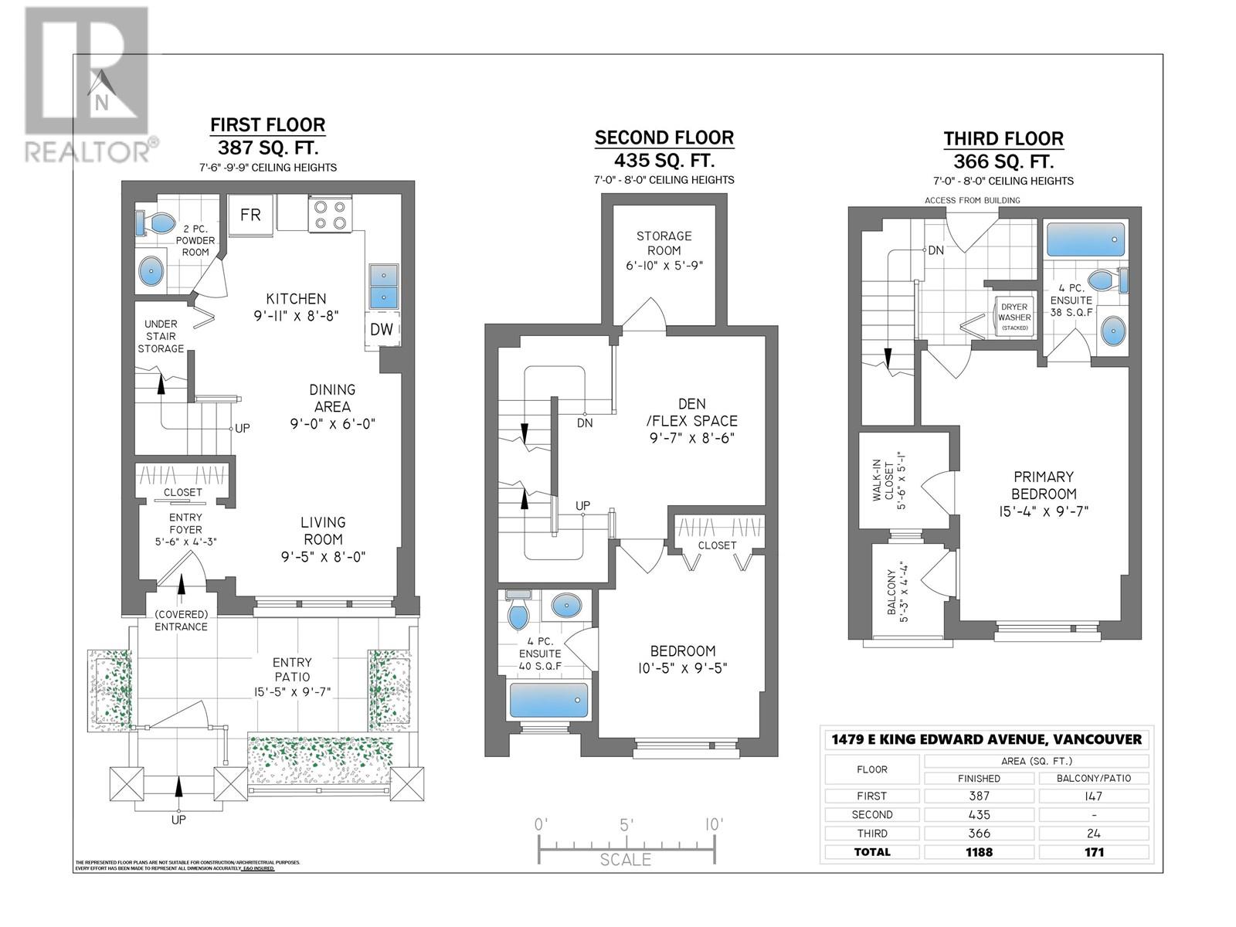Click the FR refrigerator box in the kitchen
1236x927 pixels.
coord(250,215)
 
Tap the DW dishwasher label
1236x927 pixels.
coord(381,329)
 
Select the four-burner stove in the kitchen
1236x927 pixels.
coord(330,214)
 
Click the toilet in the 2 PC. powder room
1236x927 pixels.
coord(157,224)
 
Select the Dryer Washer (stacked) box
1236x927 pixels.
coord(1014,317)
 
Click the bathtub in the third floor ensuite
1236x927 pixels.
coord(1085,240)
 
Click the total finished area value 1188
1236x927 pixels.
coord(978,852)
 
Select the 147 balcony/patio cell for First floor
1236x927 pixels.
coord(1093,796)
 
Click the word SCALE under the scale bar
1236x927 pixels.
coord(626,859)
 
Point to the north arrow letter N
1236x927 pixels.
coord(101,102)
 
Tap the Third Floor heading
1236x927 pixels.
coord(1003,139)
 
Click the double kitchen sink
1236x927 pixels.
coord(381,287)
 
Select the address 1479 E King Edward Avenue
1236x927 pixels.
coord(986,739)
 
